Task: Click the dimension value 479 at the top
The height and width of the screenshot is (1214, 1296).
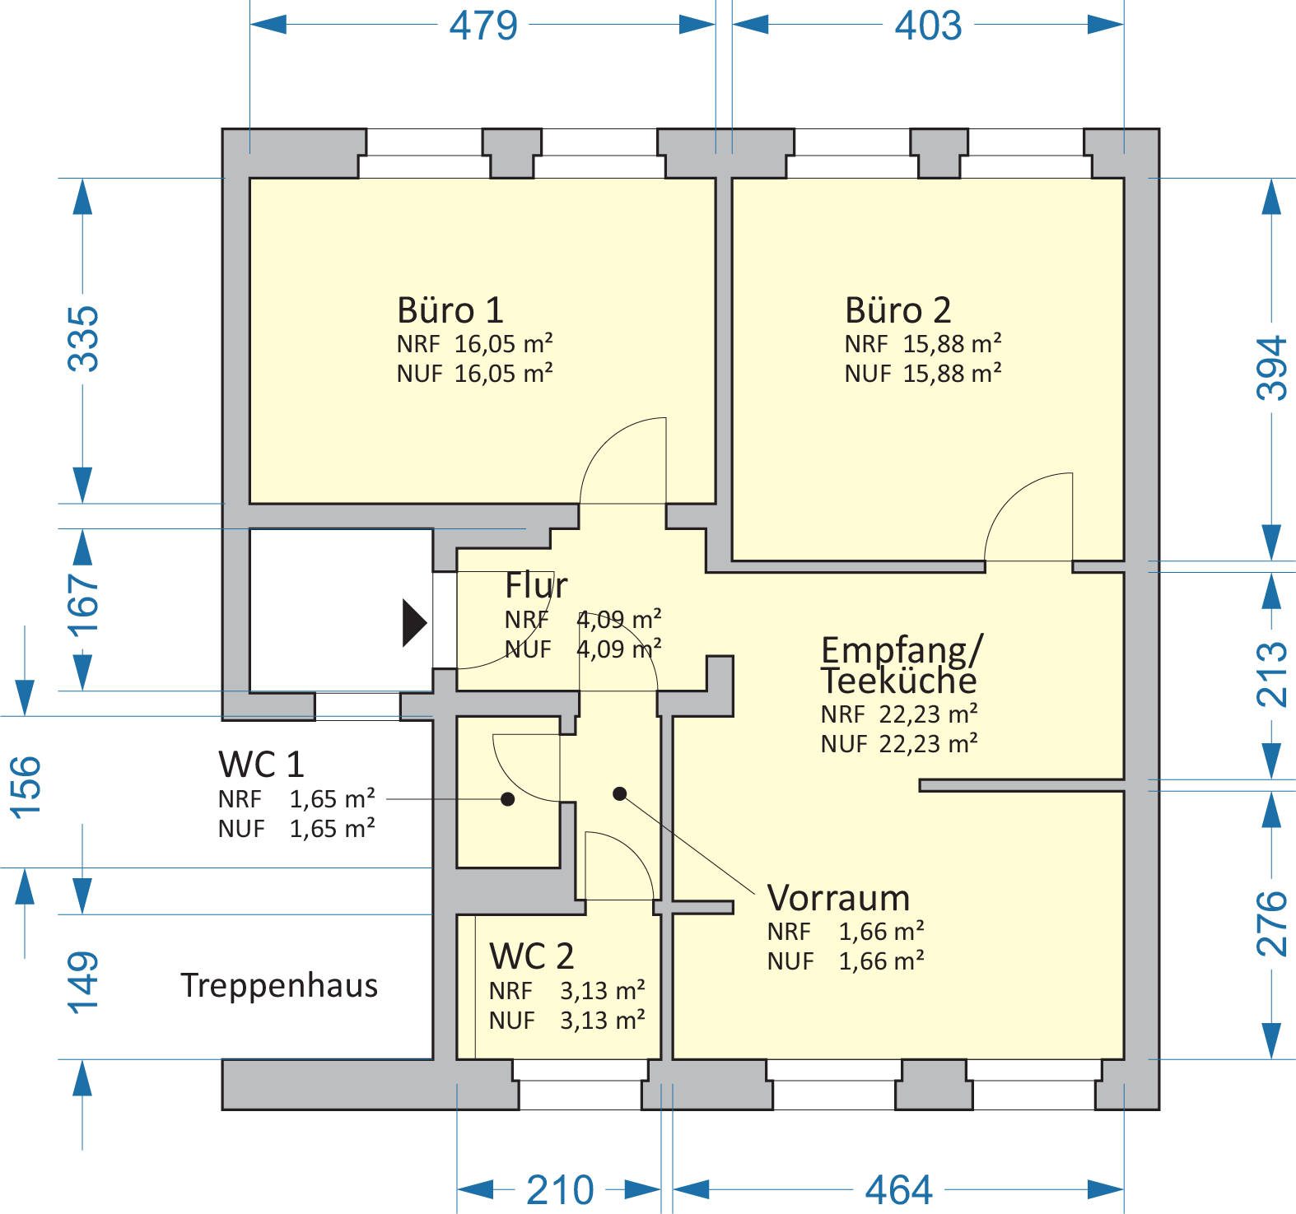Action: pos(483,25)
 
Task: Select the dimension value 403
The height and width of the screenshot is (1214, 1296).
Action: pos(928,25)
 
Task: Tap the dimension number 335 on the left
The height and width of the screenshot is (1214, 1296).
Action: pos(83,338)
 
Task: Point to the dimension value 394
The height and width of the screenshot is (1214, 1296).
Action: pos(1271,368)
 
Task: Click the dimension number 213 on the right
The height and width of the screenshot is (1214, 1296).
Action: pos(1271,674)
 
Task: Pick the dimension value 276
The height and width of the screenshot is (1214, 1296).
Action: pos(1271,923)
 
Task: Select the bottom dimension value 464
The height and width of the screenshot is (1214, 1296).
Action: pos(898,1190)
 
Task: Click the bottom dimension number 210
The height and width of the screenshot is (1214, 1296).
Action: pos(560,1190)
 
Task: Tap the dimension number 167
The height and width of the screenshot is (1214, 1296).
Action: pos(83,606)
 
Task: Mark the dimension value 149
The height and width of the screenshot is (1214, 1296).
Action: pos(83,982)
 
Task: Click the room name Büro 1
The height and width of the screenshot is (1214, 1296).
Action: pos(450,310)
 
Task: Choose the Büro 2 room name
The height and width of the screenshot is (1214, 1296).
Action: pos(897,310)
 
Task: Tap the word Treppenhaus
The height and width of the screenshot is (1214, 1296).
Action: pos(279,986)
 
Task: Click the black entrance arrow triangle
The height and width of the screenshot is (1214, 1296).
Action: pos(413,623)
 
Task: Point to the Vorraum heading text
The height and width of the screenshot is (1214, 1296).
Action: pos(838,898)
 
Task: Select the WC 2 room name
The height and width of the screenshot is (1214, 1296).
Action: pos(531,956)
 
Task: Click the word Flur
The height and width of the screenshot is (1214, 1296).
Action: pos(536,585)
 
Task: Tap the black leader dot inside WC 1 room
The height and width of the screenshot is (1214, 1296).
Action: pos(508,799)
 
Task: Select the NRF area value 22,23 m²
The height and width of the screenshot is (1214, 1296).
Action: pos(928,714)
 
